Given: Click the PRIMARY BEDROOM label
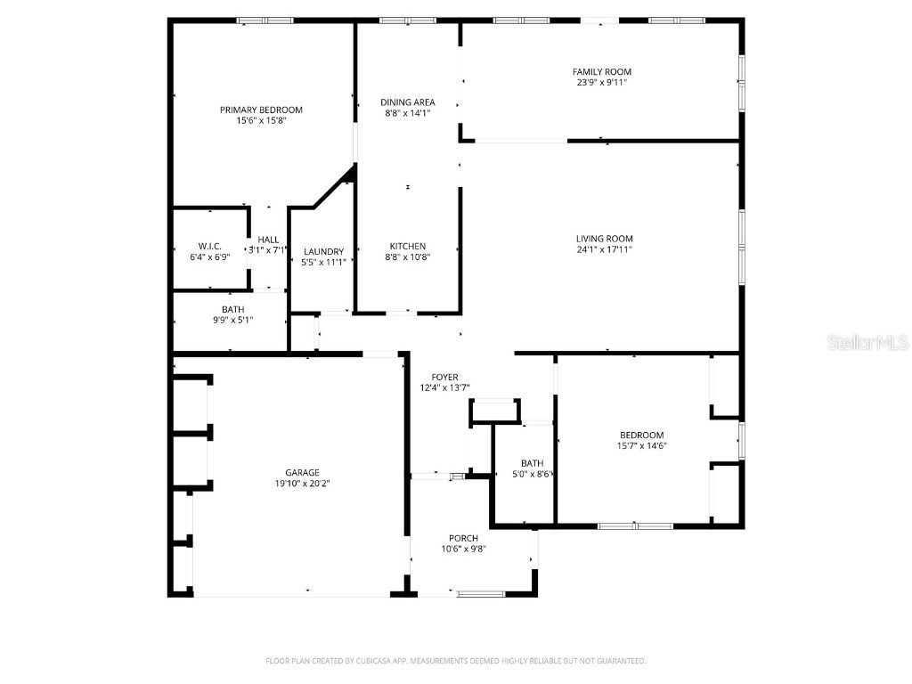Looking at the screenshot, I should pos(261,110).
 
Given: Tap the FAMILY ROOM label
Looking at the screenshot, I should pos(602,71).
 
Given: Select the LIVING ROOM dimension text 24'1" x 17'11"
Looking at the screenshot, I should pos(604,249).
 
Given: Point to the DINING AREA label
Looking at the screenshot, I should pos(407,102).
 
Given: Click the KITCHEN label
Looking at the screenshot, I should pos(407,246).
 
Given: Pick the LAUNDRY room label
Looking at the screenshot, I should pos(322,251).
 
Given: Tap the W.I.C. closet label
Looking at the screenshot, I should pos(209,246).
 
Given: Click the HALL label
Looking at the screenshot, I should pos(268,240).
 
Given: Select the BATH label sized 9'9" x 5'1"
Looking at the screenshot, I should pos(232,309).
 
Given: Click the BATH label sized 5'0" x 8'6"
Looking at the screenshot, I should pos(532,463).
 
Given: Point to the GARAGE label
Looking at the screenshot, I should pos(302,473).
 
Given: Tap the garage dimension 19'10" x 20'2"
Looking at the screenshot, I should pos(302,484).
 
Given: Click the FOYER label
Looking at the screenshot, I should pos(444,377).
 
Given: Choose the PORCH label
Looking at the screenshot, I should pos(463,538).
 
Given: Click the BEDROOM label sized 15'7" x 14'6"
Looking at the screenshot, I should pos(642,435).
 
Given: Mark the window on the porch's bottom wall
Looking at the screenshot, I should pos(480,593).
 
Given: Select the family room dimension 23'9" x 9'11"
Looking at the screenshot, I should pos(602,83).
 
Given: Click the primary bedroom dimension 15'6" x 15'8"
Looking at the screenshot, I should pos(261,120).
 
